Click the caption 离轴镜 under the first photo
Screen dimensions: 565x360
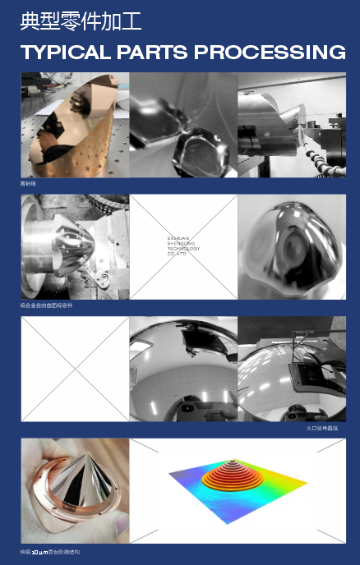coord(28,184)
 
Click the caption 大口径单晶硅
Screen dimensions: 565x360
coord(321,428)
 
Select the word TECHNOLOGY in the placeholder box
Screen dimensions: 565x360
coord(183,248)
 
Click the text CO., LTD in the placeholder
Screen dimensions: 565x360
coord(177,254)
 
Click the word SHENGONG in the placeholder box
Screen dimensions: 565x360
coord(181,242)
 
